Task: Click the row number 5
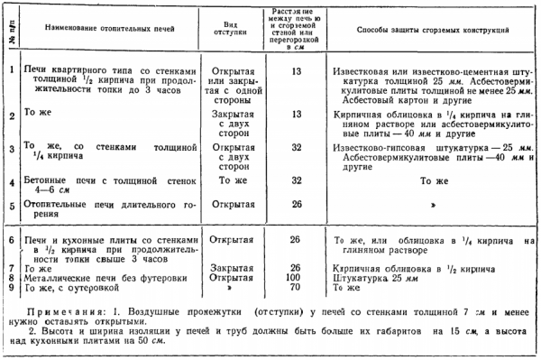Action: click(9, 205)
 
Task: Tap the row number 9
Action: click(9, 289)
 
